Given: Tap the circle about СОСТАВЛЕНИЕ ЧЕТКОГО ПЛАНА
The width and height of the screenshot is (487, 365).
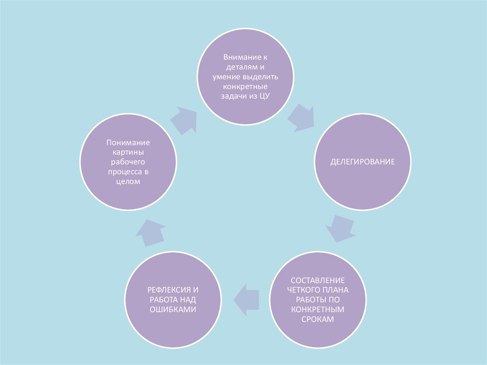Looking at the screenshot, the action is point(318,300).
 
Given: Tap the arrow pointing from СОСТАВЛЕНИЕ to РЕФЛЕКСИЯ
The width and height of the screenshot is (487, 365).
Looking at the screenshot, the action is point(246,299).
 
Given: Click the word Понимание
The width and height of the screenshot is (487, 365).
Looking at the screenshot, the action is point(128,142).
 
